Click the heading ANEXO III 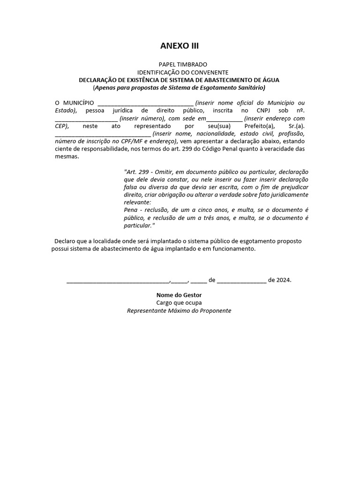pos(180,45)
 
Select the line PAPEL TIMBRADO pos(182,64)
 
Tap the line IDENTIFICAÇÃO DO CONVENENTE pos(182,72)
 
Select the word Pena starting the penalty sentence pos(131,210)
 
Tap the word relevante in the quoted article pos(137,202)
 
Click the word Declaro pos(65,240)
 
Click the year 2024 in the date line pos(283,280)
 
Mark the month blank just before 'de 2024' pos(241,280)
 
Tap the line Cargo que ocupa pos(179,303)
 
